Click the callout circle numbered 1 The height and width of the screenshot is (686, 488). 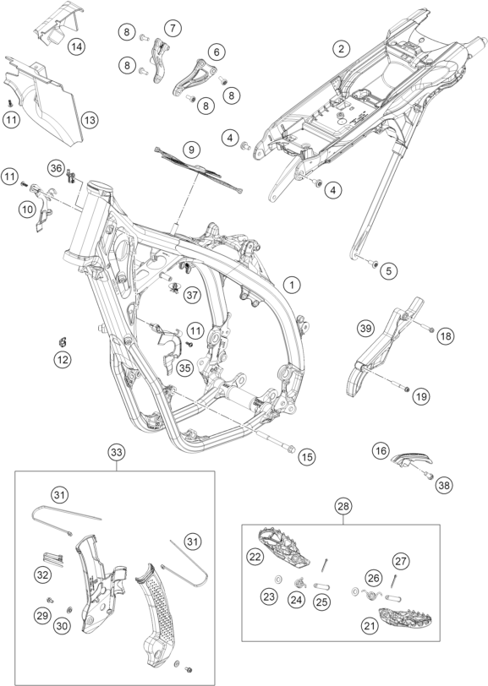292,286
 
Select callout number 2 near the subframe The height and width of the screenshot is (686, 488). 341,48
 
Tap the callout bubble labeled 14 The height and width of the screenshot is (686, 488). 76,46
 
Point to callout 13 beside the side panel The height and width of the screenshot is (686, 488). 90,120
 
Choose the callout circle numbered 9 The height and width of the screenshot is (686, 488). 191,150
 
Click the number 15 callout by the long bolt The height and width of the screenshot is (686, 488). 307,457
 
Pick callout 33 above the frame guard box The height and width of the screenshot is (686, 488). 117,453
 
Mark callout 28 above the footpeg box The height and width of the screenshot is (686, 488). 343,507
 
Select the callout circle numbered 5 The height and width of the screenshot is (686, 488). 388,271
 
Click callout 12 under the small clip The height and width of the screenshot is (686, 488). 63,360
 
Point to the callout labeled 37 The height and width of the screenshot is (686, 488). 192,296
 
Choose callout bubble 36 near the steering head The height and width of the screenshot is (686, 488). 56,168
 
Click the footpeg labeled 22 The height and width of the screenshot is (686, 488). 285,546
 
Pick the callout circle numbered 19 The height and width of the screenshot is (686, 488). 421,397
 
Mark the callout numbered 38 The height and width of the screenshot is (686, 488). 444,485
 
